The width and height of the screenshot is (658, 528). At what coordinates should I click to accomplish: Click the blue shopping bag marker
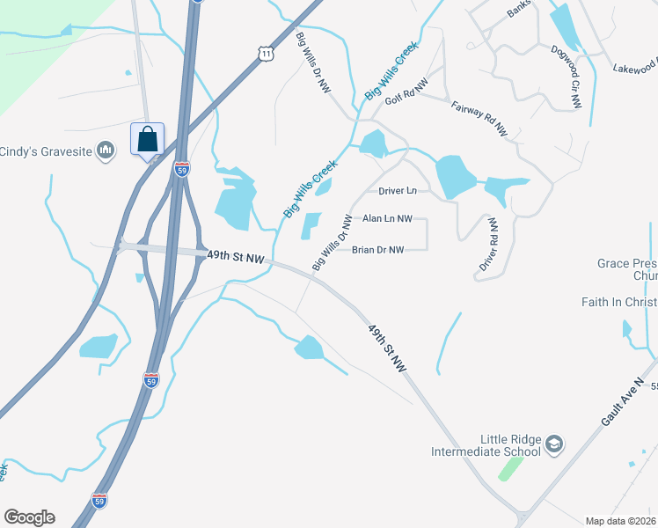pos(147,140)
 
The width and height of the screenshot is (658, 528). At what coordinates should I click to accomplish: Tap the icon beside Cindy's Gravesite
pos(106,150)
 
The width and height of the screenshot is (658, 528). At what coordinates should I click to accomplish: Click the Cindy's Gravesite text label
pos(46,150)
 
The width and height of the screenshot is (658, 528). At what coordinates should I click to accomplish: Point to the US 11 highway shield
pos(267,55)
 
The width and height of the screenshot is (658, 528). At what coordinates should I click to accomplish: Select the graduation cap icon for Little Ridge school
pos(553,443)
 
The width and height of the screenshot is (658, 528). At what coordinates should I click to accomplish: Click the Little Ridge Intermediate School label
pos(486,445)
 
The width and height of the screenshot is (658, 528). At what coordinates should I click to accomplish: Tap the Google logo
pos(29,517)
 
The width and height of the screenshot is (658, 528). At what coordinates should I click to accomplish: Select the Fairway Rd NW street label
pos(479,118)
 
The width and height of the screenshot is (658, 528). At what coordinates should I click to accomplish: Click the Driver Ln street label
pos(397,190)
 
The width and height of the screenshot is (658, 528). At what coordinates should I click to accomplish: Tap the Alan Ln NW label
pos(387,218)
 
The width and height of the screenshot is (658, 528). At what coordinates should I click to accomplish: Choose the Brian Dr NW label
pos(377,250)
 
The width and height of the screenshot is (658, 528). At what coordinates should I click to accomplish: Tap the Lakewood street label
pos(635,66)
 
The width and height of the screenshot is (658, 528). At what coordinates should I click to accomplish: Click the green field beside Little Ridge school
pos(510,468)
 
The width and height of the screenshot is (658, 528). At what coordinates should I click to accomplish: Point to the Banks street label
pos(520,11)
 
